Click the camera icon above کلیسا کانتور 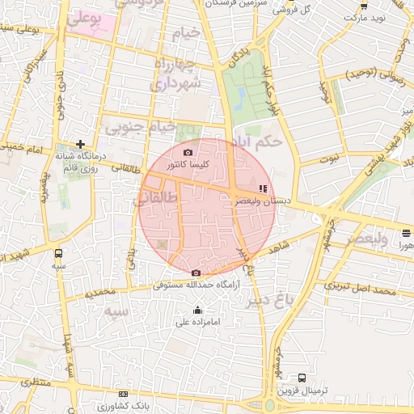pyautogui.click(x=188, y=152)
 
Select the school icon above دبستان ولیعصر pyautogui.click(x=260, y=189)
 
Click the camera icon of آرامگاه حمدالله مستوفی pyautogui.click(x=196, y=272)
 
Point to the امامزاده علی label pyautogui.click(x=198, y=323)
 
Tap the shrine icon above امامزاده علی pyautogui.click(x=198, y=310)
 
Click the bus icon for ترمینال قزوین pyautogui.click(x=302, y=378)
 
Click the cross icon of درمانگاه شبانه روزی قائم pyautogui.click(x=80, y=143)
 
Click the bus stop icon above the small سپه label pyautogui.click(x=57, y=251)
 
